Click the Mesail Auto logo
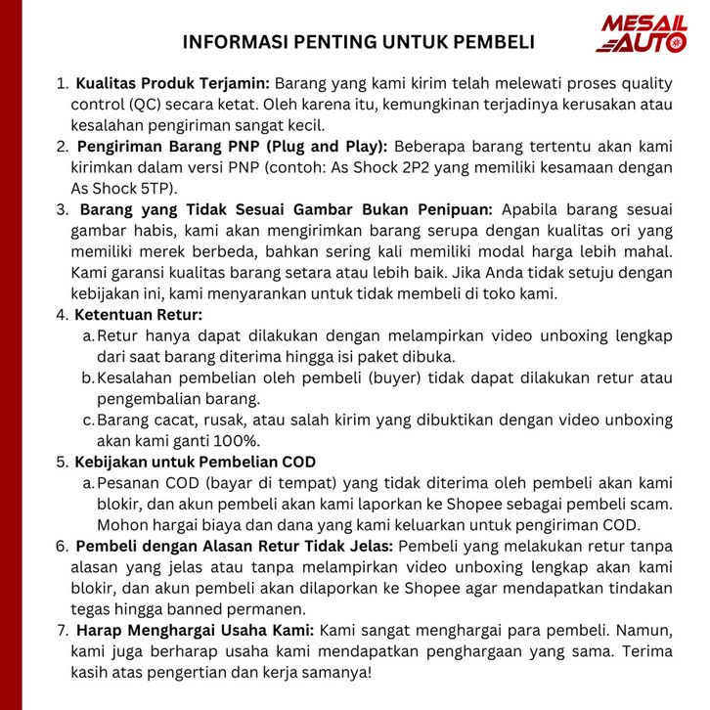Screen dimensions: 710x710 pyautogui.click(x=643, y=33)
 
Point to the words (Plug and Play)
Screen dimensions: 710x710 pyautogui.click(x=331, y=147)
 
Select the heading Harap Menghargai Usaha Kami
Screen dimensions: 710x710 pyautogui.click(x=195, y=630)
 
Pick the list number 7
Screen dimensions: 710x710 pyautogui.click(x=63, y=630)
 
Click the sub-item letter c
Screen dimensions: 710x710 pyautogui.click(x=88, y=420)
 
